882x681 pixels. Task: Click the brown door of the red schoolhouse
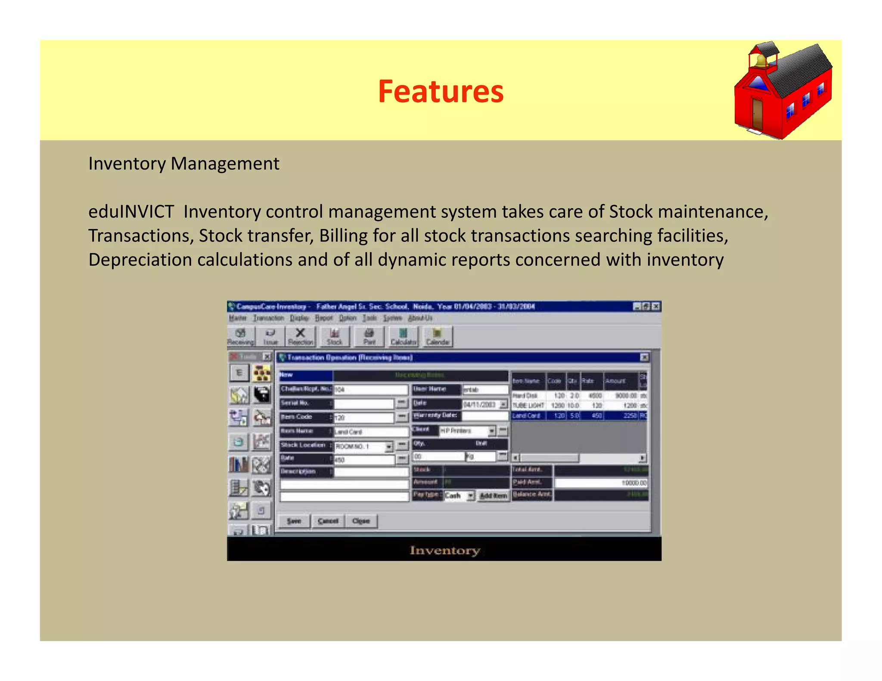[757, 114]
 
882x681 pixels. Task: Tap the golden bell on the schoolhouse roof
[761, 60]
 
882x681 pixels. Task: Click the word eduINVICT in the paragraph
[131, 212]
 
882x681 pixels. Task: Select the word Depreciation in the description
[140, 260]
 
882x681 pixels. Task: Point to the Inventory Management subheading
[183, 164]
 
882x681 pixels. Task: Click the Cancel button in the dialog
[328, 521]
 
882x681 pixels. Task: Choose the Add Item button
[493, 495]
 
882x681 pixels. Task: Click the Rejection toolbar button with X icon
[300, 337]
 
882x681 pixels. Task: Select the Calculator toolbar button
[403, 337]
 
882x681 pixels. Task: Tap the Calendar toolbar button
[438, 337]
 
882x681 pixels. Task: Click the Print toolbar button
[369, 337]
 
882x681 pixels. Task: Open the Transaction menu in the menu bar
[268, 318]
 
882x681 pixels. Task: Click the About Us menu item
[420, 318]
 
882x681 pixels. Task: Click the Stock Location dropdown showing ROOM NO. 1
[363, 446]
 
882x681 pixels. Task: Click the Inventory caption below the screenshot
[444, 550]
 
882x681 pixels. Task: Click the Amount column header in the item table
[615, 381]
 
